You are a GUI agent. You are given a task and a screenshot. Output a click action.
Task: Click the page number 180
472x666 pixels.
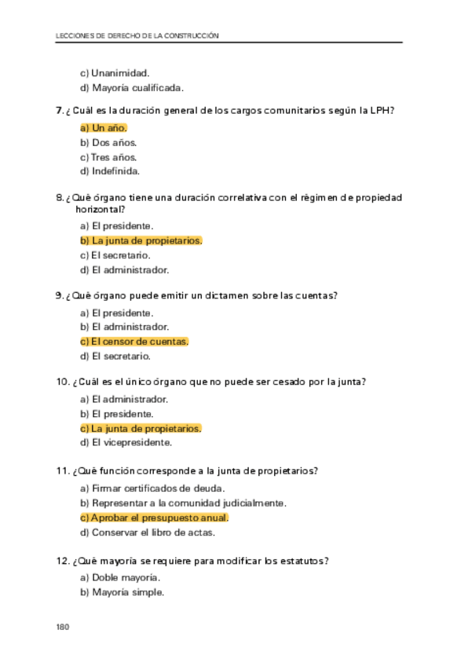click(63, 627)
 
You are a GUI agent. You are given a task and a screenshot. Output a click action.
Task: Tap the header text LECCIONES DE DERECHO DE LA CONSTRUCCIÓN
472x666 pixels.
click(137, 35)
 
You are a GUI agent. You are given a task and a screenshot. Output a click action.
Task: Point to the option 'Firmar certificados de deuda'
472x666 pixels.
click(152, 489)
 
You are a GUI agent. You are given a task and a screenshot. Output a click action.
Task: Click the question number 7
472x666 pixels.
click(60, 111)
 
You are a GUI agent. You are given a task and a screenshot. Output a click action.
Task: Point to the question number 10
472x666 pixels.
click(63, 382)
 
